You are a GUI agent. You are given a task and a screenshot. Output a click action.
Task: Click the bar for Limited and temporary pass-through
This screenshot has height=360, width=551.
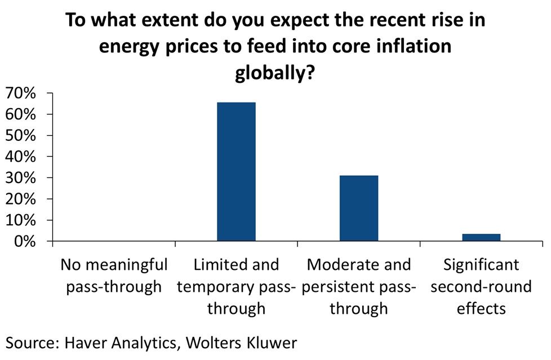[x=236, y=172]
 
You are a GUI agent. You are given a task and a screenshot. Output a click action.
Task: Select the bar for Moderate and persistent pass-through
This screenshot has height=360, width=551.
[x=359, y=208]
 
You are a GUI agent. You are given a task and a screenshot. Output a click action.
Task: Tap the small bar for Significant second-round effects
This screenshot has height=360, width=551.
[x=481, y=237]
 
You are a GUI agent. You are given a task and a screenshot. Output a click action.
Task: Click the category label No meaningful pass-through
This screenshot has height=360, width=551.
[x=114, y=275]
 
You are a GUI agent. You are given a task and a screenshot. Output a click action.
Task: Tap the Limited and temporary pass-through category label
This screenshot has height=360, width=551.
[x=236, y=286]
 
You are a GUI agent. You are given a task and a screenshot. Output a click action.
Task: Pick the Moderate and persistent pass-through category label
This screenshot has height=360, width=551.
[x=359, y=286]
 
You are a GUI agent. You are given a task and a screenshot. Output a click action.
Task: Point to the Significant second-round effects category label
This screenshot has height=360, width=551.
[x=481, y=286]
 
